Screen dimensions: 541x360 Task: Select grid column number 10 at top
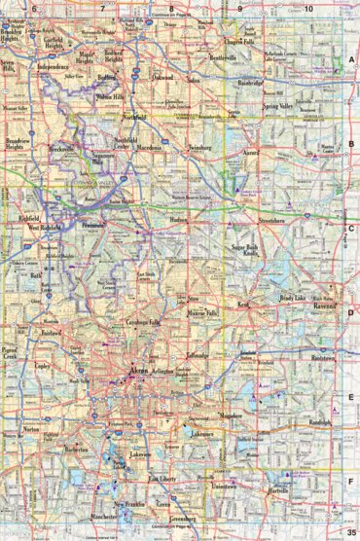pos(307,9)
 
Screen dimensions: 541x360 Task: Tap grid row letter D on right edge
pos(351,313)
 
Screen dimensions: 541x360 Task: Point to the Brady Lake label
pos(293,297)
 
